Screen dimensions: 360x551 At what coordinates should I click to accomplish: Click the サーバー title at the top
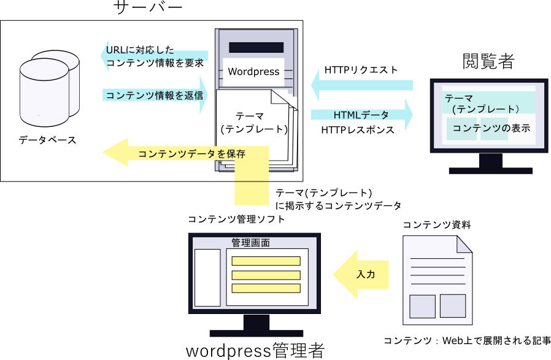tap(148, 8)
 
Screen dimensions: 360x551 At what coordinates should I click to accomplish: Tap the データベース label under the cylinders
tap(47, 140)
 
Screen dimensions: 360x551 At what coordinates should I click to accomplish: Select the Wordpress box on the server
tap(253, 72)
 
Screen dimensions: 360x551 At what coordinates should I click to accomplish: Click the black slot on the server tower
tap(256, 48)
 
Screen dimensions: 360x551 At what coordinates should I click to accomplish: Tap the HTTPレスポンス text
tap(357, 130)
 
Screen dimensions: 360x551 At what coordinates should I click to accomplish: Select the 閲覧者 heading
tap(488, 61)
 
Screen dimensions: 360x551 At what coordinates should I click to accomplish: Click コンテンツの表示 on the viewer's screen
tap(491, 129)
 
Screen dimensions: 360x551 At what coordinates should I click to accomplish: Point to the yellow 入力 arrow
tap(362, 274)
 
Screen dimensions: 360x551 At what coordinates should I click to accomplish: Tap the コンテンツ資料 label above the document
tap(436, 224)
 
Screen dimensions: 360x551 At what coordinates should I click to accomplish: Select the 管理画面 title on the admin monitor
tap(250, 243)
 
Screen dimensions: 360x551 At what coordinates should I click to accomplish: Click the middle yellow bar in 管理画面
tap(266, 275)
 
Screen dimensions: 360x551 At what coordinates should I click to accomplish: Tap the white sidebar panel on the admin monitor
tap(207, 277)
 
